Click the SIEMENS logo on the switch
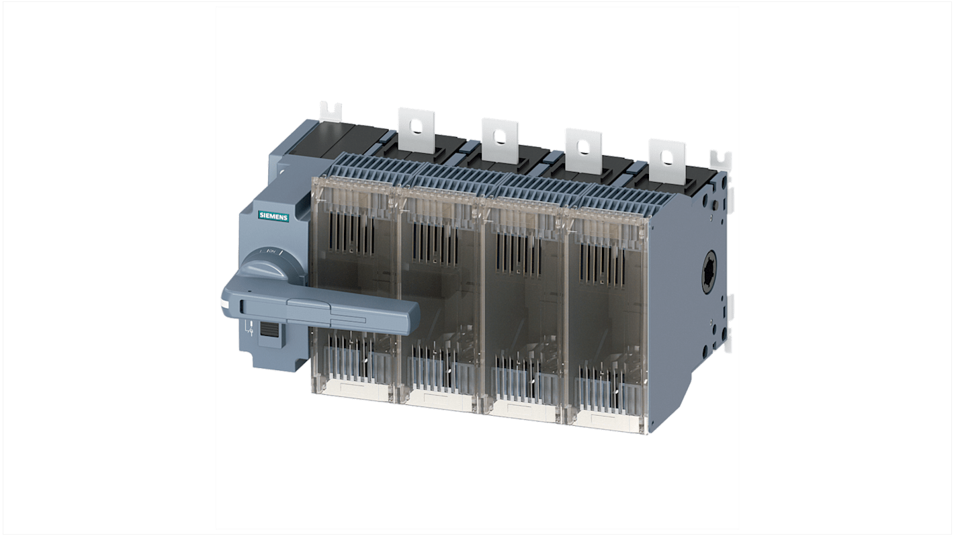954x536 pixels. pyautogui.click(x=273, y=216)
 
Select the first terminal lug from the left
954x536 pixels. pyautogui.click(x=416, y=128)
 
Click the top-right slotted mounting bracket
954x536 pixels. pyautogui.click(x=722, y=161)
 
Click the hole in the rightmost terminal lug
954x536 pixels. pyautogui.click(x=666, y=157)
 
